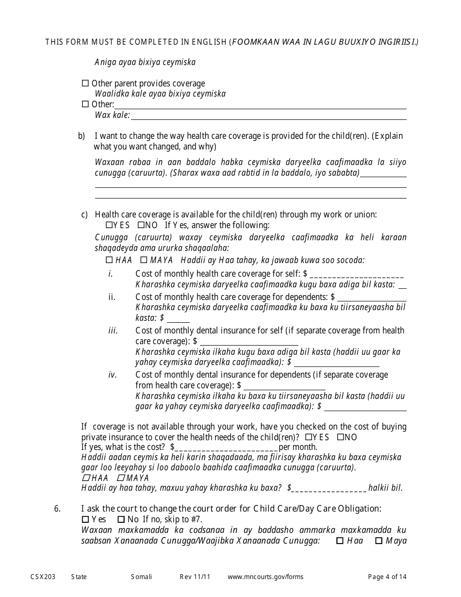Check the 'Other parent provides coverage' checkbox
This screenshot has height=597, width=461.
[85, 83]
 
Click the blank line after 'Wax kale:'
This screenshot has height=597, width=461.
[268, 116]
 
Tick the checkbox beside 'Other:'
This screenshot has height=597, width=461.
[85, 104]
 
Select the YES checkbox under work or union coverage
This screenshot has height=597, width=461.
[109, 225]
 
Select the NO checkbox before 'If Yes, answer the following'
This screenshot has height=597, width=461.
[141, 225]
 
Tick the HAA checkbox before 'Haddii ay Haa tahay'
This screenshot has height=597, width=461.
[109, 260]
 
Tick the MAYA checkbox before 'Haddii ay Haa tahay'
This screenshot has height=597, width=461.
[144, 260]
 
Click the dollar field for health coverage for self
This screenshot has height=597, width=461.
[356, 274]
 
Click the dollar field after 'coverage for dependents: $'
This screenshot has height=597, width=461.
[372, 297]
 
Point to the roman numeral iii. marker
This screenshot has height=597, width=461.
[113, 331]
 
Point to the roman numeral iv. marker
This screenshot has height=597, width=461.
[113, 375]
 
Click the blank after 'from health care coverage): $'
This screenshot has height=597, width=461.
[284, 386]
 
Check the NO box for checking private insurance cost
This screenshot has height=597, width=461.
[341, 437]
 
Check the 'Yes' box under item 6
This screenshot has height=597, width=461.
[85, 519]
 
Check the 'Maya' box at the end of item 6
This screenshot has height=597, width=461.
[379, 541]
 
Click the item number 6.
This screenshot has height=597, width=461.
[57, 509]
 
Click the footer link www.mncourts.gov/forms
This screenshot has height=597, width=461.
[265, 577]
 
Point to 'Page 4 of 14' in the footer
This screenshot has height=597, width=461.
[387, 577]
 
